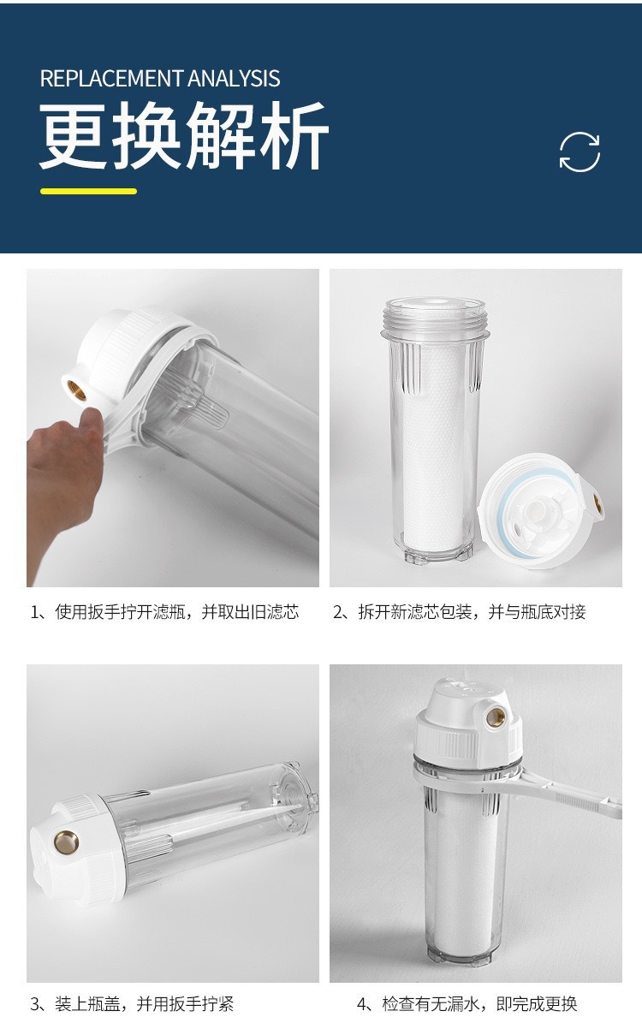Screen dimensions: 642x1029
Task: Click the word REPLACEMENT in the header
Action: (x=111, y=79)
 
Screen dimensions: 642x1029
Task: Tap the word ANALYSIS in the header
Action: (x=235, y=79)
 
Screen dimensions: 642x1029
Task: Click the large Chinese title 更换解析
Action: (x=184, y=136)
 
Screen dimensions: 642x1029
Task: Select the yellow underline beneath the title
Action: (x=89, y=191)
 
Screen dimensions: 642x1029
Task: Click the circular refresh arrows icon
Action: (x=580, y=152)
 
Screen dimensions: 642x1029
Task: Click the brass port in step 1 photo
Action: (x=77, y=390)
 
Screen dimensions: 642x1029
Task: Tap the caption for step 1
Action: (x=165, y=612)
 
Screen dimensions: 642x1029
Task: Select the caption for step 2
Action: (x=459, y=612)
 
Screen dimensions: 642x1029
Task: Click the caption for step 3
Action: (x=133, y=1004)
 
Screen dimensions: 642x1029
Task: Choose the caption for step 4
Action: (x=467, y=1004)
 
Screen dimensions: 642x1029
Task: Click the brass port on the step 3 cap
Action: (x=67, y=843)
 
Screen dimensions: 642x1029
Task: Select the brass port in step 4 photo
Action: (x=496, y=716)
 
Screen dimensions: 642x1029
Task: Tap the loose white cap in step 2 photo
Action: (x=541, y=511)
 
